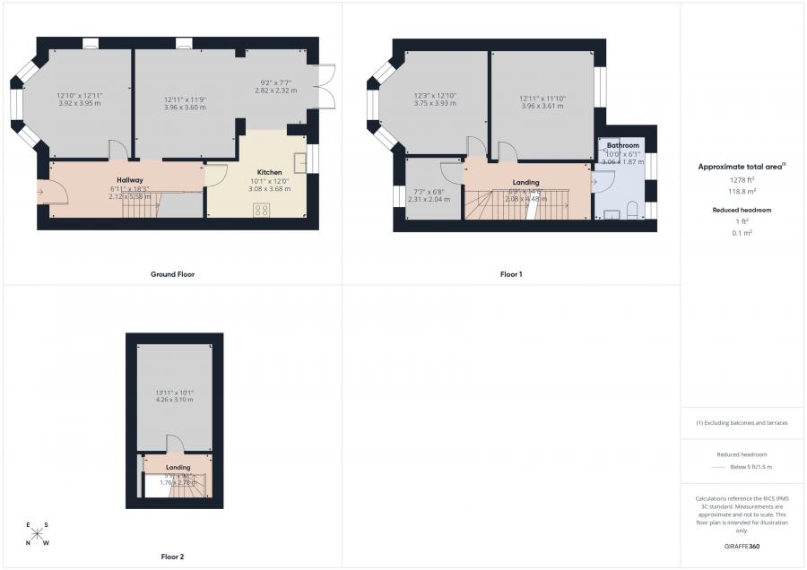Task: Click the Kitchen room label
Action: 270,172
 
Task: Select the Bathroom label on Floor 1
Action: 622,145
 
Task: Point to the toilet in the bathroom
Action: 632,210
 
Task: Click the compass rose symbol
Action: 37,533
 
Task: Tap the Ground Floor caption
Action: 172,274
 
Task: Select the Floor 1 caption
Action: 511,274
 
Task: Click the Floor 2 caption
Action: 172,557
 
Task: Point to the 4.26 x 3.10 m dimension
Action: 175,399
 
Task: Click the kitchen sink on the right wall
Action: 300,160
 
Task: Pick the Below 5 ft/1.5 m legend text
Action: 751,467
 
